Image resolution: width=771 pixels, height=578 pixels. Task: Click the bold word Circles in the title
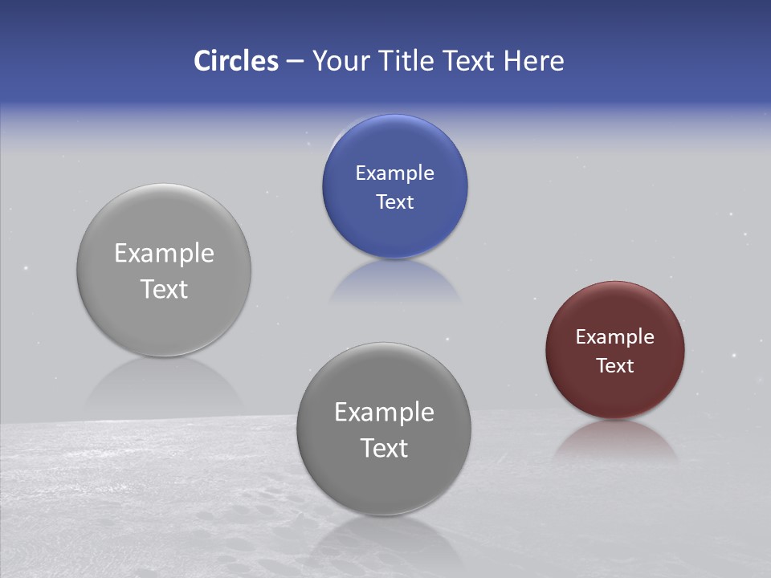tap(236, 61)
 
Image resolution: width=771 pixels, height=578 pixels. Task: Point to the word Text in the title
tap(471, 61)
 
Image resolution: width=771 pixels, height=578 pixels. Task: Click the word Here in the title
tap(534, 61)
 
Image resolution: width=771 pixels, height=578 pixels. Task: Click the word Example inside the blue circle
tap(395, 173)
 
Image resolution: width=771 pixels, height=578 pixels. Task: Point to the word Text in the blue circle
tap(395, 202)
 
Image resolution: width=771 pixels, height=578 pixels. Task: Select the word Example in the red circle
tap(615, 337)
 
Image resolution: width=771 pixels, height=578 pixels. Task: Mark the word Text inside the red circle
tap(615, 366)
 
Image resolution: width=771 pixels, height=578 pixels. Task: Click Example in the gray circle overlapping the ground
tap(384, 413)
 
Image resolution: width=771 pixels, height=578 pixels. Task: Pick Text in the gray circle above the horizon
tap(164, 289)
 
